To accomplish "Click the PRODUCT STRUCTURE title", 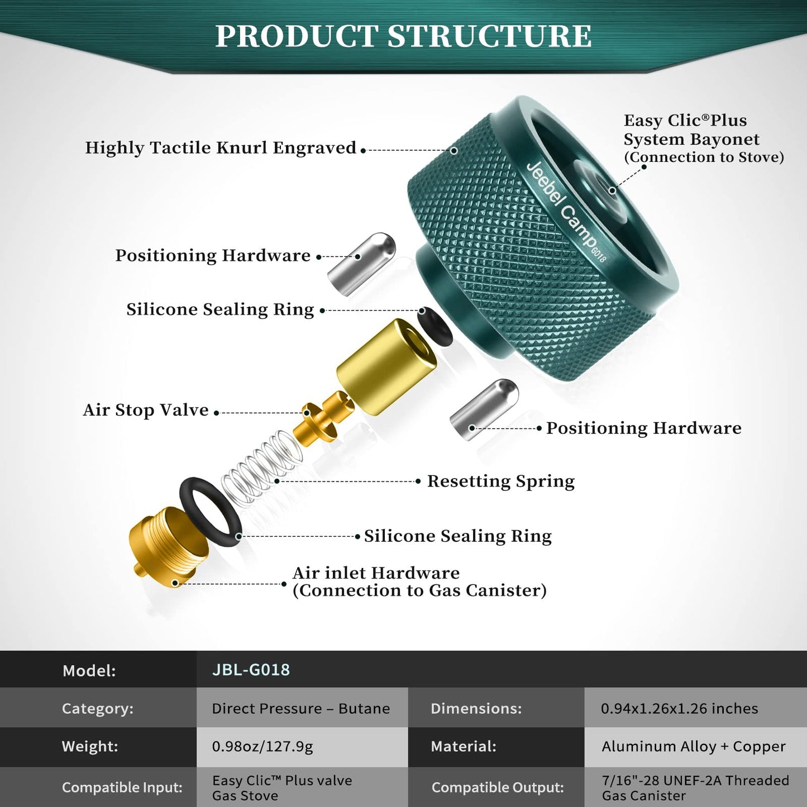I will [x=403, y=36].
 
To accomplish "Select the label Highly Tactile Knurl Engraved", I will [x=221, y=148].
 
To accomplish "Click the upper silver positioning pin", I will [x=361, y=264].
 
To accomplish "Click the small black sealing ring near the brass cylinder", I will [x=435, y=330].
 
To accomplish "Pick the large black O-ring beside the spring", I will [x=209, y=512].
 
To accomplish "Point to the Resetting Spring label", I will [x=500, y=481].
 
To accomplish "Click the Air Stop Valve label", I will [x=146, y=410].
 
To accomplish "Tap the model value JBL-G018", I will [x=251, y=670].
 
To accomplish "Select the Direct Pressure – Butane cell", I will [x=300, y=708].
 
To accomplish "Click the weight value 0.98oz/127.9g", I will [x=262, y=746].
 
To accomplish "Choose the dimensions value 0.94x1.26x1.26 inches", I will [x=679, y=708].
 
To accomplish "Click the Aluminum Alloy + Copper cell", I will [x=693, y=746].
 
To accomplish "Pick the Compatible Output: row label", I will [x=497, y=787].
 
